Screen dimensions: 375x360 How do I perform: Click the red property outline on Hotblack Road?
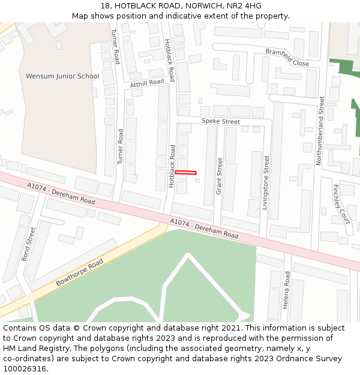tap(185, 173)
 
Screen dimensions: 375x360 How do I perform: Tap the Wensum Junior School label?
tap(62, 76)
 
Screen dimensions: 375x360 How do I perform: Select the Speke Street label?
tap(220, 121)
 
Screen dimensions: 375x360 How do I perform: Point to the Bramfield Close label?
tap(287, 58)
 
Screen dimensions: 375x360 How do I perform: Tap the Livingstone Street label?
tap(267, 187)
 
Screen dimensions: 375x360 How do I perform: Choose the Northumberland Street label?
tap(321, 131)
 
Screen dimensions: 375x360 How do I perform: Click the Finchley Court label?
tap(341, 204)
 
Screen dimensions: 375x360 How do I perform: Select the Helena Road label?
tap(287, 290)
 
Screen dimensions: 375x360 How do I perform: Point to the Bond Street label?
tap(29, 244)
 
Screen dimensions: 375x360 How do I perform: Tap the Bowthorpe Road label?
tap(79, 272)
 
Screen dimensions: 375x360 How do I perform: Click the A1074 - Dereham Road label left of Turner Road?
tap(61, 193)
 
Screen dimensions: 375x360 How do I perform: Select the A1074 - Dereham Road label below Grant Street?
tap(204, 229)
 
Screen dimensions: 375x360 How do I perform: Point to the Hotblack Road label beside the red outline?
tap(172, 166)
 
